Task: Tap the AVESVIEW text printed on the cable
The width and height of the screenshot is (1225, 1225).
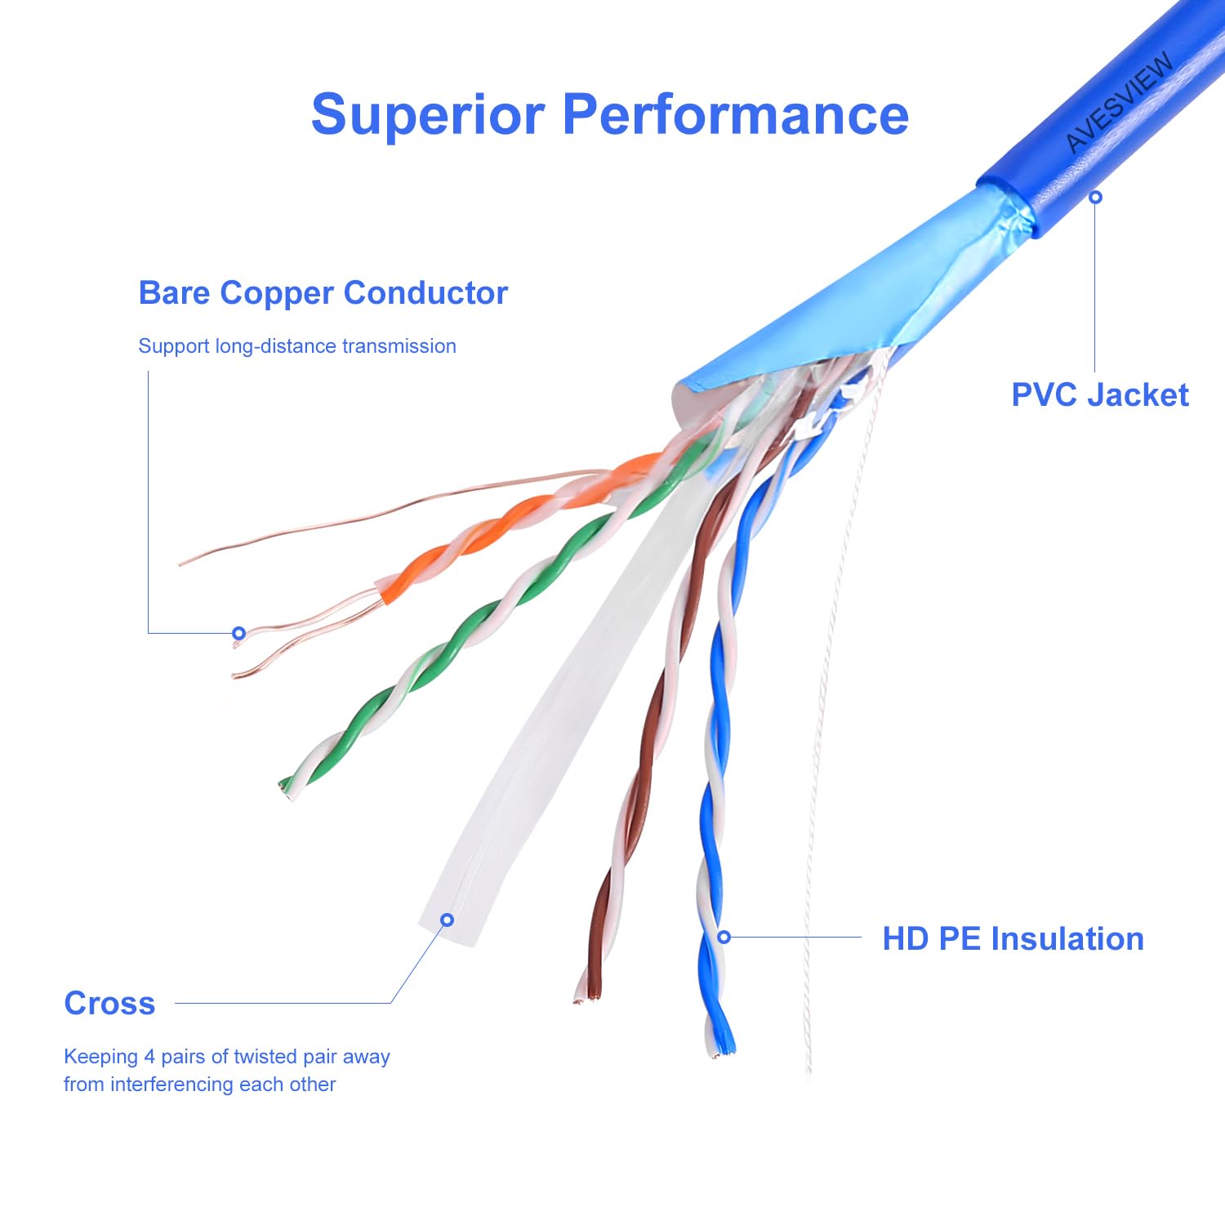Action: click(x=1120, y=102)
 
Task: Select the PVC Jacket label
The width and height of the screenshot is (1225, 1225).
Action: click(x=1099, y=395)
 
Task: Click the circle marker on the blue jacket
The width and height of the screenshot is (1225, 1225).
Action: click(x=1096, y=197)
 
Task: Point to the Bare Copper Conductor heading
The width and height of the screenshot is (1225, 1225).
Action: click(x=323, y=293)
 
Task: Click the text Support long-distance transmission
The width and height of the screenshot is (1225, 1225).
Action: click(x=296, y=346)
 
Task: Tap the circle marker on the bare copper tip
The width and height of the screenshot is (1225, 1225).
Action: click(x=238, y=633)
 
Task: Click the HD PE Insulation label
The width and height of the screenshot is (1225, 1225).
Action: click(x=1013, y=939)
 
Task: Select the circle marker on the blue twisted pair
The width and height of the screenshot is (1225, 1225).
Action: click(x=724, y=937)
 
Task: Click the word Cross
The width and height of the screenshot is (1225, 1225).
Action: click(x=109, y=1004)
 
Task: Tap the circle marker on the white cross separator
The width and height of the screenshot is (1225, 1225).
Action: click(x=447, y=920)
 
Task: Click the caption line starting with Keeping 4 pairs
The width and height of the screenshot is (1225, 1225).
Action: click(x=226, y=1057)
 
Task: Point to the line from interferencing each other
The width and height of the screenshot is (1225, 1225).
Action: click(x=199, y=1085)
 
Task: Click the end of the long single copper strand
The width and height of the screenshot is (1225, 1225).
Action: click(x=181, y=563)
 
